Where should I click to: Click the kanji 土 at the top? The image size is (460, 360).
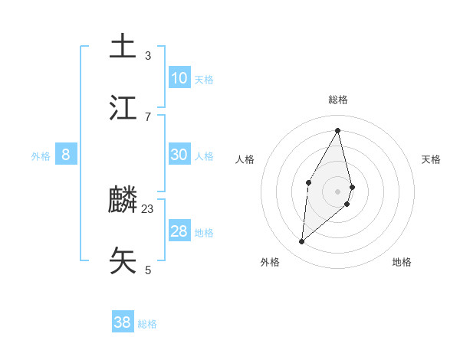point(123,46)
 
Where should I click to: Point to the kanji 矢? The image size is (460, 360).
point(123,260)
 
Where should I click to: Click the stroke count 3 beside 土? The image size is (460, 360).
point(148,55)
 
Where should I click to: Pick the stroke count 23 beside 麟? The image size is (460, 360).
point(148,208)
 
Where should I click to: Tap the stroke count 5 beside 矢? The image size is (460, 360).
point(148,270)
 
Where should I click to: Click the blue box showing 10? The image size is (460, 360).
point(179,78)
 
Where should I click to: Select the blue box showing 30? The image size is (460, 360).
point(179,155)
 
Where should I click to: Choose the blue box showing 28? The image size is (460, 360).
point(179,231)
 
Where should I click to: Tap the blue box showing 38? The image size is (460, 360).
point(123,322)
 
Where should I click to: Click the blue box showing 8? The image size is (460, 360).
point(66,155)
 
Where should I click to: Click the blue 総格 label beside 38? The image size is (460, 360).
point(147,324)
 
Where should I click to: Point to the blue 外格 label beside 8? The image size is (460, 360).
point(41,156)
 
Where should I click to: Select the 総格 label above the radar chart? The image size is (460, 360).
point(338,100)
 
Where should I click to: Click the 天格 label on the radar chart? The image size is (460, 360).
point(432,159)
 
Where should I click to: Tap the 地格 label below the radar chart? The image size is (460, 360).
point(402,262)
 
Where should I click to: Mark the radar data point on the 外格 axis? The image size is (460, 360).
point(302,242)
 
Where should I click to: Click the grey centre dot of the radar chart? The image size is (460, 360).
point(338,191)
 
